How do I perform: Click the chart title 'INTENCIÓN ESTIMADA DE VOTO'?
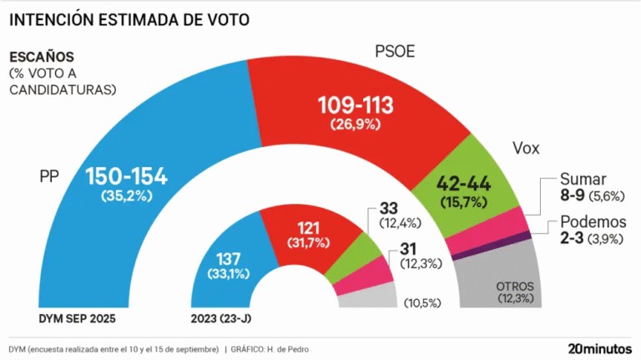[129, 18]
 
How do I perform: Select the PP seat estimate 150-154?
[127, 176]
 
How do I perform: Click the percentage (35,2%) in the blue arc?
[127, 197]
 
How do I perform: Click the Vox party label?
[526, 149]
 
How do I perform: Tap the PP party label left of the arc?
[53, 177]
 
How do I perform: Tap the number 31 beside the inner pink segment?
[406, 248]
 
